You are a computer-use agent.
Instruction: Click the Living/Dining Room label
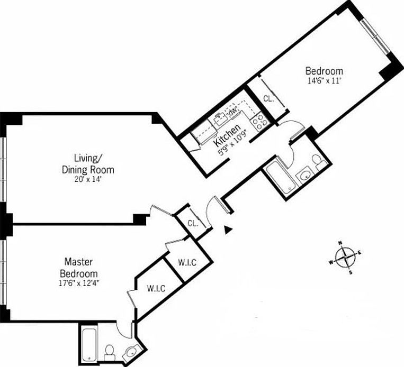pos(87,163)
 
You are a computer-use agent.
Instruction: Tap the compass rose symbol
pos(345,258)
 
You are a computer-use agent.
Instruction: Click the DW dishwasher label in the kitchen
pos(231,112)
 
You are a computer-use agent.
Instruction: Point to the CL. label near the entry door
pos(192,223)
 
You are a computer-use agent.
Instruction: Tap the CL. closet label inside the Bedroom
pos(268,98)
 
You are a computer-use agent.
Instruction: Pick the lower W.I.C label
pos(157,288)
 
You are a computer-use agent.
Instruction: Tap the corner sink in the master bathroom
pos(131,351)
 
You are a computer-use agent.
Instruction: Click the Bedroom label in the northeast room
pos(324,71)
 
